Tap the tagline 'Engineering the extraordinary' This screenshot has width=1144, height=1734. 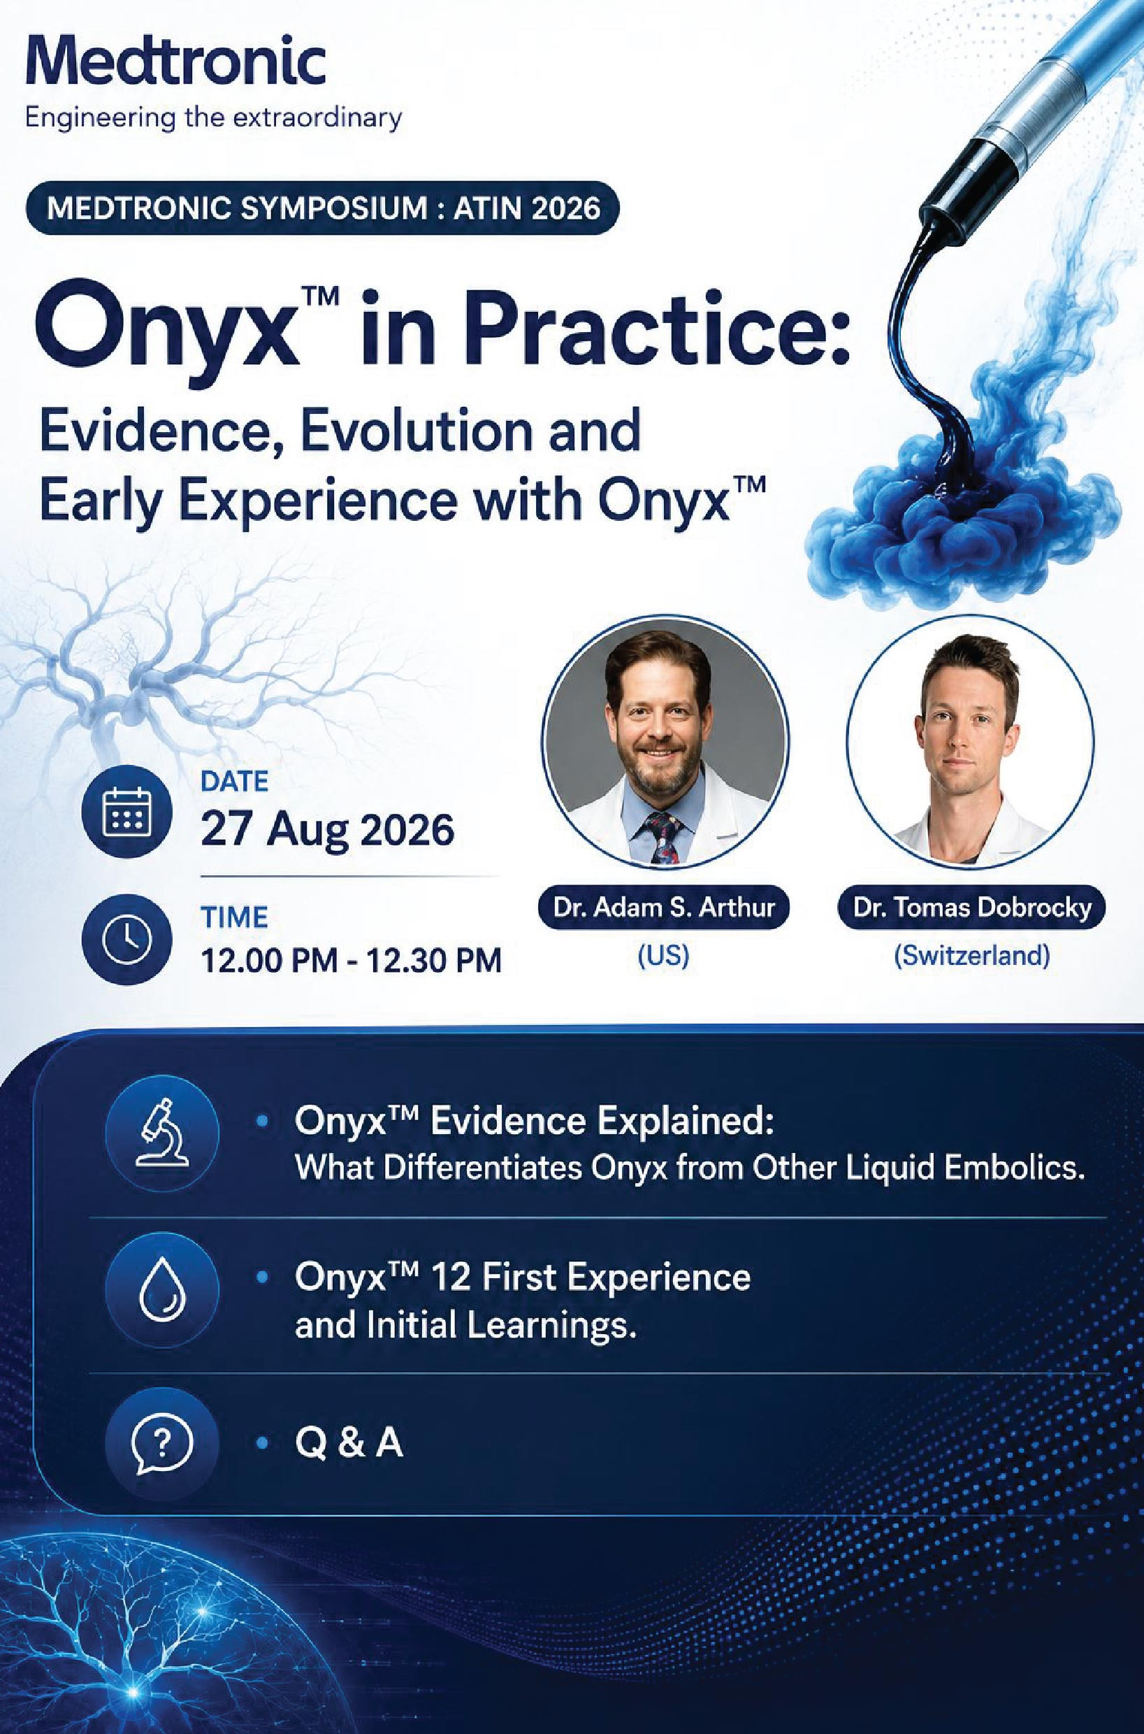click(214, 117)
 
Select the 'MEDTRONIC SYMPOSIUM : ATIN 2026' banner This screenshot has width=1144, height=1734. click(323, 209)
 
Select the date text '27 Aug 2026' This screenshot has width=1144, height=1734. click(328, 830)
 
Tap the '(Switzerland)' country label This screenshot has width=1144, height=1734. click(972, 956)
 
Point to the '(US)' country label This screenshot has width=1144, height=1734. click(663, 956)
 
